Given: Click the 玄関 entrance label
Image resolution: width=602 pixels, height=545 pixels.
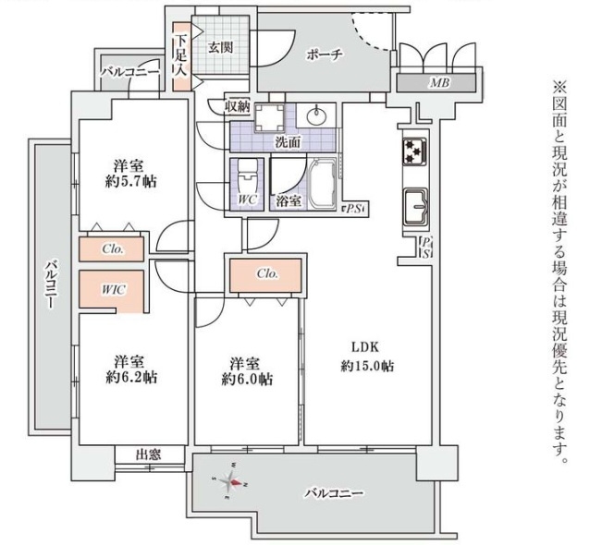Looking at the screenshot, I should (x=219, y=46).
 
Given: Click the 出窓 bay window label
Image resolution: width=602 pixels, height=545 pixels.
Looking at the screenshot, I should (x=148, y=454).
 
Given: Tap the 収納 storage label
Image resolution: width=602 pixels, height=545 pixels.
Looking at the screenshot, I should (x=238, y=105).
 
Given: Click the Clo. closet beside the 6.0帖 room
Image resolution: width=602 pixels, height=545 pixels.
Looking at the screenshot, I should (x=267, y=273).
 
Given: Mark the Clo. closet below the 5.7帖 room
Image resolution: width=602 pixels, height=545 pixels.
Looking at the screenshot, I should (x=113, y=249).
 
